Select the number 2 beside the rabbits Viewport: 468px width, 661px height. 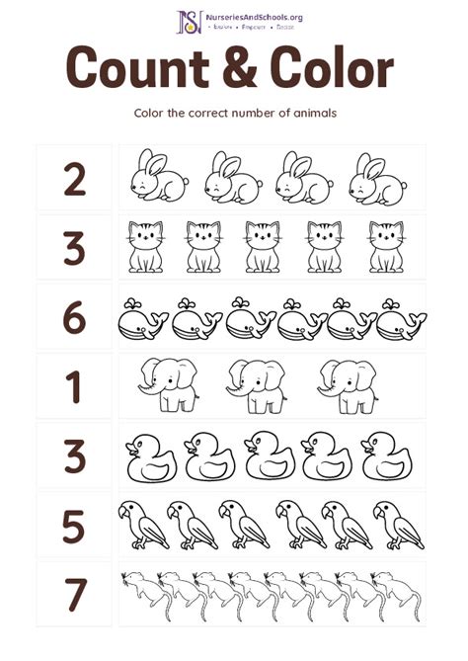click(x=74, y=179)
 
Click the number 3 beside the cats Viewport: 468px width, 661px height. click(x=74, y=248)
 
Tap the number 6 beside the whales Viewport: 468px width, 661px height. click(x=74, y=318)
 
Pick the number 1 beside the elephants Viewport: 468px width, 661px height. click(x=74, y=387)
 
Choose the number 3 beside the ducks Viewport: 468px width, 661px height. click(x=74, y=455)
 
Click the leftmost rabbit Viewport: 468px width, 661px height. click(x=158, y=178)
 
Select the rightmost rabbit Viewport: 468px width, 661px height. click(x=378, y=178)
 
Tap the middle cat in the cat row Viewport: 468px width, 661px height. click(x=263, y=247)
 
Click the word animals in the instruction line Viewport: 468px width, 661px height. click(x=310, y=112)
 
